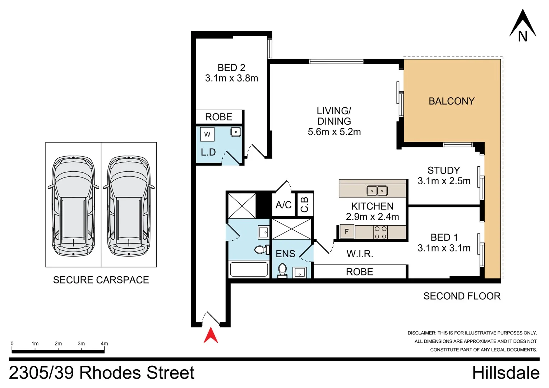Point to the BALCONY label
tap(452, 101)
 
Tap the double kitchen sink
tap(377, 191)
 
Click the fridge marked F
tap(347, 232)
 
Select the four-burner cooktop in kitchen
tap(380, 232)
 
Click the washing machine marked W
tap(207, 134)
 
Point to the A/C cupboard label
tap(283, 205)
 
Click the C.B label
tap(305, 204)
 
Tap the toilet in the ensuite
tap(282, 270)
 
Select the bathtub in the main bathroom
tap(249, 269)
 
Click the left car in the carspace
tap(73, 206)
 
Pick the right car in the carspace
tap(129, 206)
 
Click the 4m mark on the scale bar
tap(104, 344)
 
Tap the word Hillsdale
tap(506, 373)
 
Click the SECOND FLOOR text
tap(462, 296)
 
